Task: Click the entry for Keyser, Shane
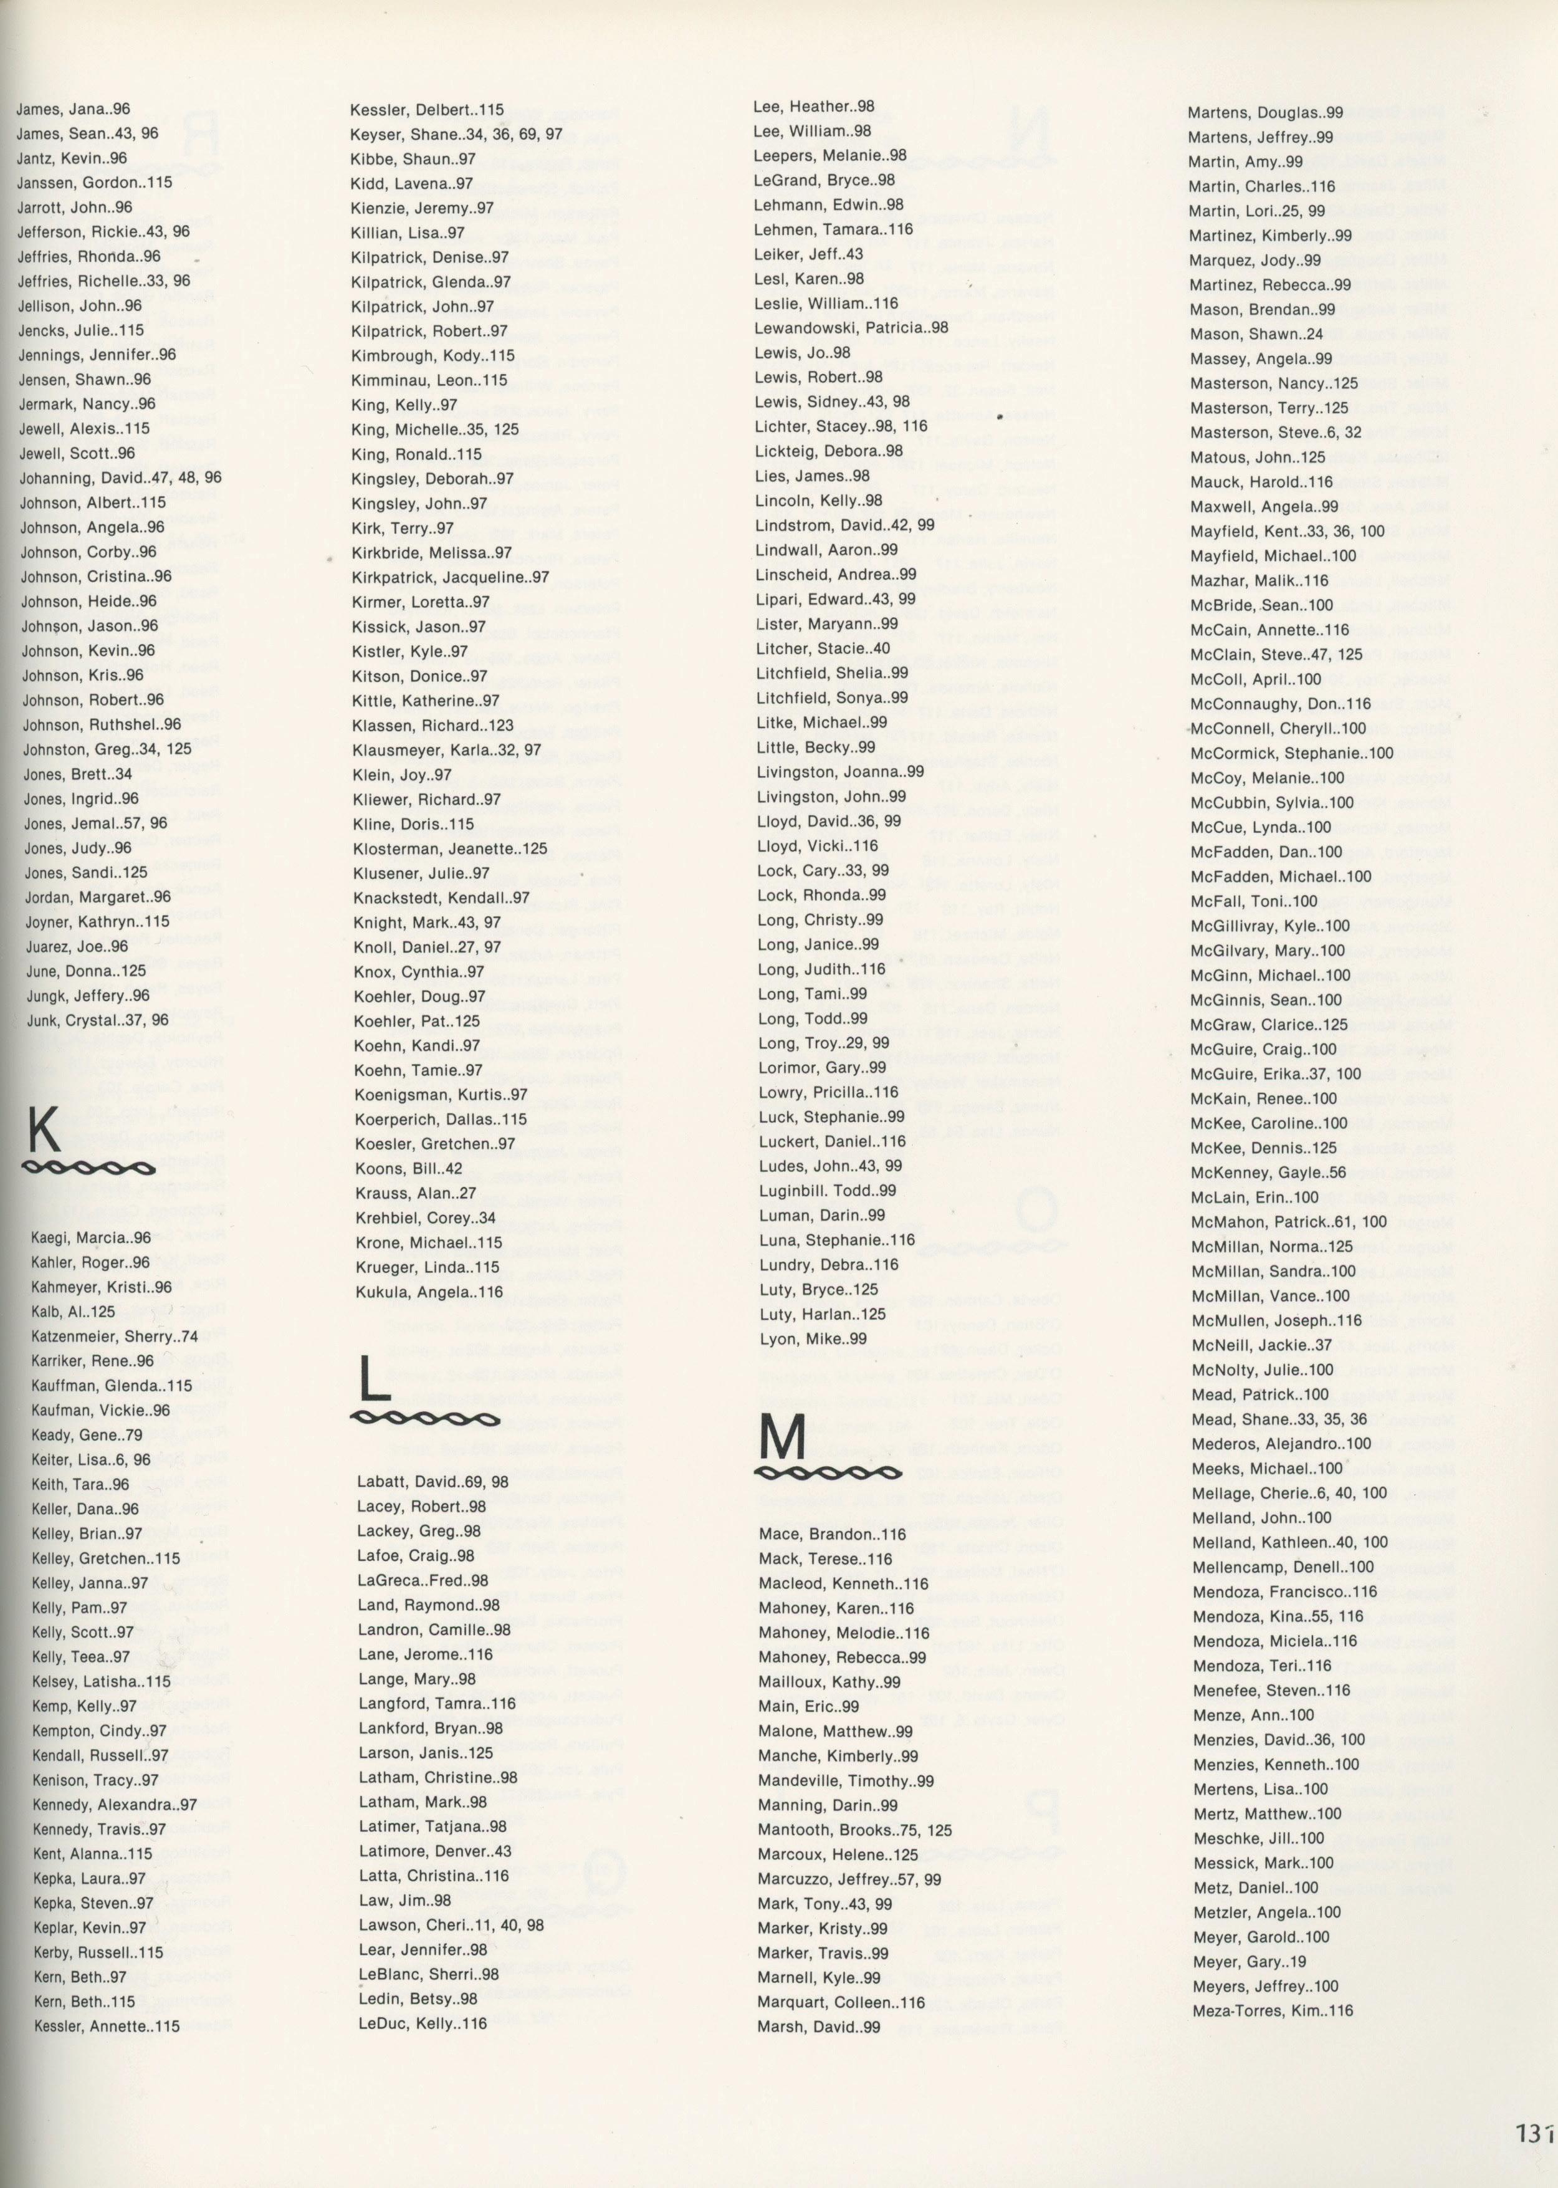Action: coord(457,135)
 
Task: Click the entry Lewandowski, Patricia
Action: coord(851,328)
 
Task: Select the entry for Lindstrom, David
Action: coord(845,525)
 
